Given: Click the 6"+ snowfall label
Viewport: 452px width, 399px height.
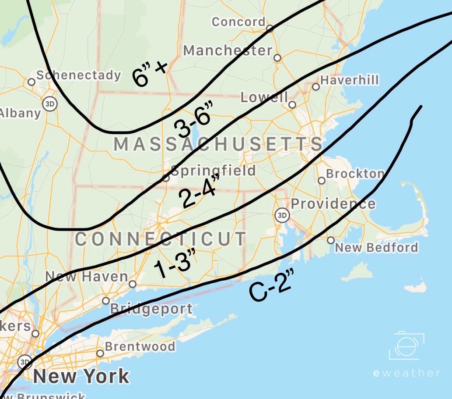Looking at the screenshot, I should point(150,74).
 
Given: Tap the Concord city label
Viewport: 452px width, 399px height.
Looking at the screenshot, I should point(238,21).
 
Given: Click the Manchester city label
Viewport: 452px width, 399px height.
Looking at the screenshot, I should point(228,50).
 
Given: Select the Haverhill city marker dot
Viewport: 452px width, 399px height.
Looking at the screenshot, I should point(316,87).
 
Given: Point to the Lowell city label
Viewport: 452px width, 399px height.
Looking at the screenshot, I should point(264,97).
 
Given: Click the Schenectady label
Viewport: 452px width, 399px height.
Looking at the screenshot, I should point(78,75).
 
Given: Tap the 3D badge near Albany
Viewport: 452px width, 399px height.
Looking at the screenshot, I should point(49,104).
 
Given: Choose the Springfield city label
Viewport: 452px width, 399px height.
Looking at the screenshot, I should point(213,170).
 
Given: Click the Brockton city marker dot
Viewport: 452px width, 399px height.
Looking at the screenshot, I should point(322,181).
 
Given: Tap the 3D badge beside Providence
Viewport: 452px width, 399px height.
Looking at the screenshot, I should point(282,215).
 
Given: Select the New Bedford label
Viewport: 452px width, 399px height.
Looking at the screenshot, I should point(376,248).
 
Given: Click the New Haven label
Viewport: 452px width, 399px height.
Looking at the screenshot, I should point(87,277).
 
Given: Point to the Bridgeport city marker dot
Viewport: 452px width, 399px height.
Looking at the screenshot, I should point(106,301).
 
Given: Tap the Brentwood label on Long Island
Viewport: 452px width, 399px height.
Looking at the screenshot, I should point(140,346).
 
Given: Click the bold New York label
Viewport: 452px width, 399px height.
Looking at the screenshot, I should point(81,376).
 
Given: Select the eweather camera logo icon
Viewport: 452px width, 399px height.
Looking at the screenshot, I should point(406,347).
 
